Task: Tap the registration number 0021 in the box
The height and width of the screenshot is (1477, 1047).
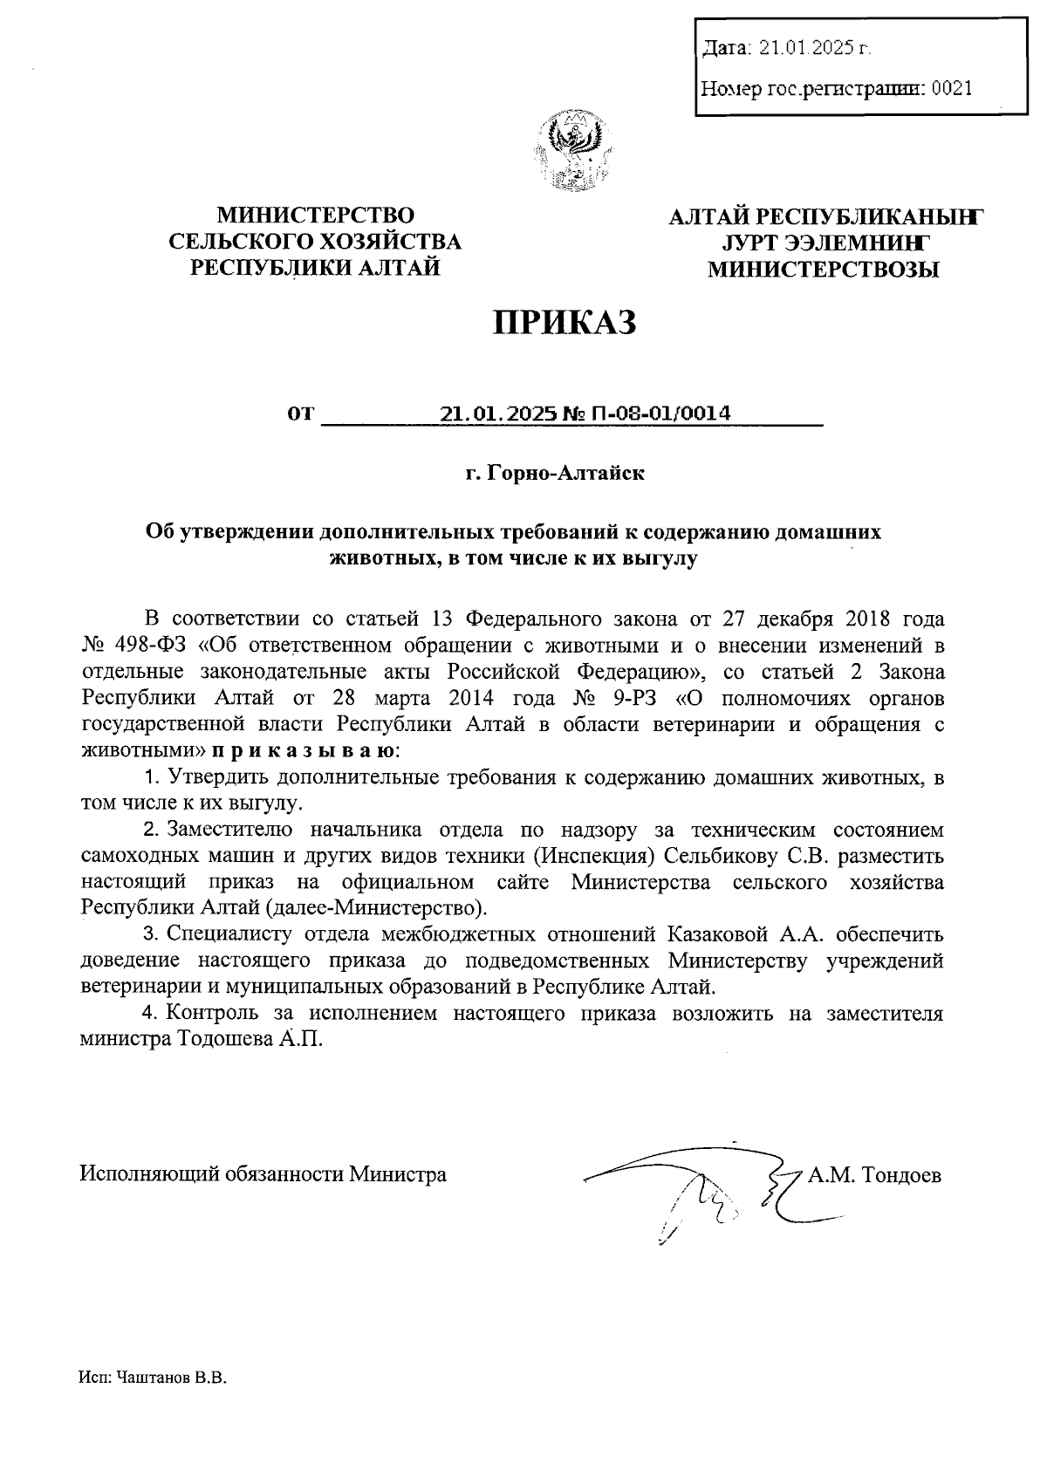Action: (x=951, y=88)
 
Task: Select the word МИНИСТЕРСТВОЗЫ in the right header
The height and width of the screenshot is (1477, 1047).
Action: (x=824, y=270)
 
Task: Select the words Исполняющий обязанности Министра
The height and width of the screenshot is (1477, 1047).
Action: (x=263, y=1174)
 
